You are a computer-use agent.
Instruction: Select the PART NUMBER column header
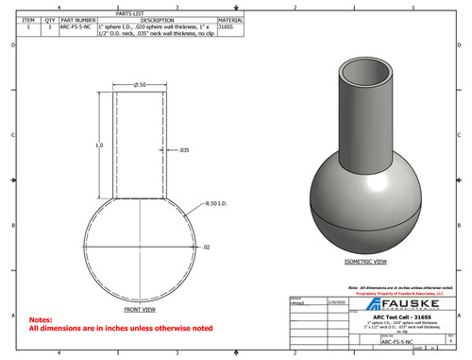point(78,19)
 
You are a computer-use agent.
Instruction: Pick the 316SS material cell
point(225,27)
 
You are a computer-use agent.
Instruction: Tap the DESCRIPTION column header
point(157,19)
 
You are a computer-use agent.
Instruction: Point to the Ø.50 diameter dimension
point(140,85)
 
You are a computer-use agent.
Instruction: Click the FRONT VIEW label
point(140,309)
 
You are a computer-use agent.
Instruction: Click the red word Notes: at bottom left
point(41,320)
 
